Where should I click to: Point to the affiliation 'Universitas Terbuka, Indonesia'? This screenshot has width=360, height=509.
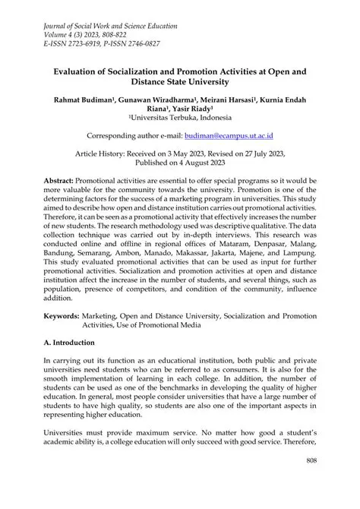click(180, 119)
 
